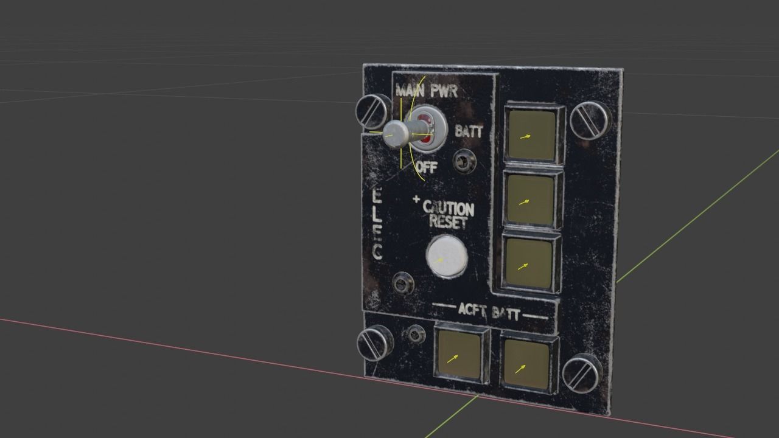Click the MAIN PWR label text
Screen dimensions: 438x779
point(426,91)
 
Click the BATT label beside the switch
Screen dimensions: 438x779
point(469,131)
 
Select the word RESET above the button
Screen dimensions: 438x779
point(448,221)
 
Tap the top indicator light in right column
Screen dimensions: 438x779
point(532,134)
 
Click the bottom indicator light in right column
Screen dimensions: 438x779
point(528,263)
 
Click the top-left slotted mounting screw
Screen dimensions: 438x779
point(372,111)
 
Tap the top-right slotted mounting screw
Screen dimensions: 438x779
point(589,119)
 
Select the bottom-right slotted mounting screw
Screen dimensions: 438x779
point(582,373)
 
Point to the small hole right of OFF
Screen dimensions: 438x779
point(464,161)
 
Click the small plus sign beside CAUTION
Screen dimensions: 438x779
point(416,200)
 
